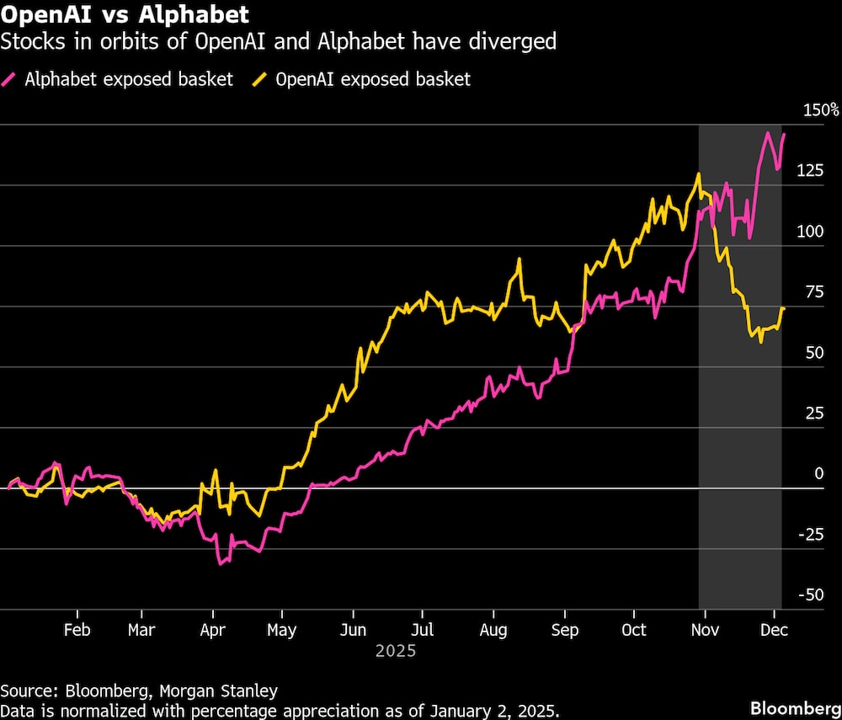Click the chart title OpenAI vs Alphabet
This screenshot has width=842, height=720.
click(125, 14)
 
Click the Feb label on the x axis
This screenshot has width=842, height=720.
click(77, 630)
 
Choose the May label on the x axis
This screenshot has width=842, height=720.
click(281, 630)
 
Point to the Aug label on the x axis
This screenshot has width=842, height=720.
click(493, 630)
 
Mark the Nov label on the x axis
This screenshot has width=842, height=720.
click(699, 630)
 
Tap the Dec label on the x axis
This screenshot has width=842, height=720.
click(773, 630)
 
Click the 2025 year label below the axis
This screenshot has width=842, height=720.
click(396, 651)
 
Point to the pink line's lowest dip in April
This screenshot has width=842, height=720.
click(221, 563)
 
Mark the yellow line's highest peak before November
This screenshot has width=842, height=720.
click(698, 174)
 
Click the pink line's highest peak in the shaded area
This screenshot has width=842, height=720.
click(768, 133)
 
